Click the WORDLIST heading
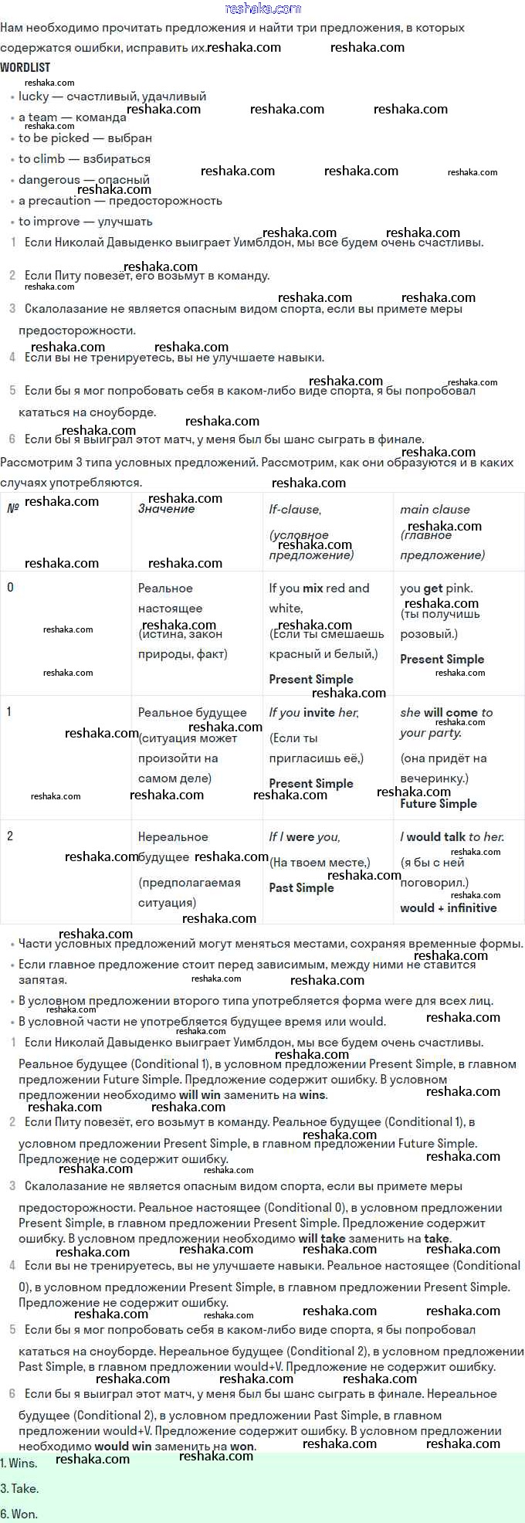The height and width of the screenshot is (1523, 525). pos(25,68)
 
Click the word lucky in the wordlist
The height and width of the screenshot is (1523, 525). pos(34,97)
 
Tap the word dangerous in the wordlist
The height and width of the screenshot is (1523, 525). pos(49,180)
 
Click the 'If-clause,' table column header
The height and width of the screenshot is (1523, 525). pos(295,510)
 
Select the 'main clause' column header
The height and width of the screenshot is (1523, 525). pos(435,510)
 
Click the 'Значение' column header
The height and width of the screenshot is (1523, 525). pos(166,509)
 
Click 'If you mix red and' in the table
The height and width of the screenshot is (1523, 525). pos(319,589)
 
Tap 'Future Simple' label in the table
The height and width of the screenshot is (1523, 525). pos(438,804)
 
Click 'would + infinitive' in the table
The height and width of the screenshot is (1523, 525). pos(448,908)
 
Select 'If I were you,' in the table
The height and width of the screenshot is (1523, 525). pos(304,837)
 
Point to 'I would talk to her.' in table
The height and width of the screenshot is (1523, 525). pos(452,837)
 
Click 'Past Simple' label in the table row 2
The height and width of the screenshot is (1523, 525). pos(301,888)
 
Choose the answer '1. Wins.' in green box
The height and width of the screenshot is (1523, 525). pos(19,1464)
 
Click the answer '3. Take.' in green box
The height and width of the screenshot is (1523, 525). pos(19,1489)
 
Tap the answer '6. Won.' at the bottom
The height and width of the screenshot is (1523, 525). pos(19,1514)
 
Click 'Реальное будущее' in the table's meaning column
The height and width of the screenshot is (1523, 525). pos(192,713)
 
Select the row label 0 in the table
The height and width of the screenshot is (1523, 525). pos(10,588)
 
